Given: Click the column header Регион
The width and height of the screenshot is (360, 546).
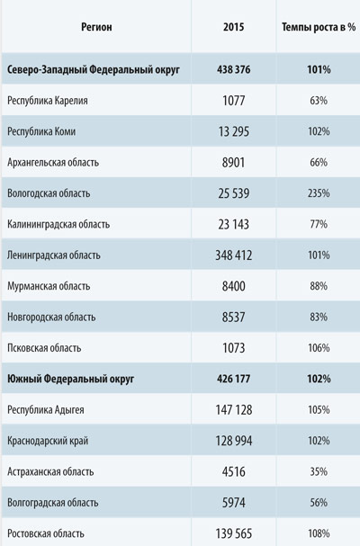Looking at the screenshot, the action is [96, 27].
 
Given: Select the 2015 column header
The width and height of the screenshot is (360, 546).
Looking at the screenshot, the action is [233, 27].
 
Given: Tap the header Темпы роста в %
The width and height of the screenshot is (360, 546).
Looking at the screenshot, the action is [319, 27].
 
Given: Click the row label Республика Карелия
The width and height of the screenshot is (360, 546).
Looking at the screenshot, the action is [48, 101].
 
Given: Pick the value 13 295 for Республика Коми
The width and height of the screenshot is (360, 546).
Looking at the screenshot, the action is [233, 131].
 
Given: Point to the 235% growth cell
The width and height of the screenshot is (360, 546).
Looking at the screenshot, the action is [319, 193].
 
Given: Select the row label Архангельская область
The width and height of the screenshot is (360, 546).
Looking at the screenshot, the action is [53, 163].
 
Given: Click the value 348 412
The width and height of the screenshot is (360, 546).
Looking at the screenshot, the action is [233, 255].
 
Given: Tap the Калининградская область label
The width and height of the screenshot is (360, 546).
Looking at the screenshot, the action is [58, 224].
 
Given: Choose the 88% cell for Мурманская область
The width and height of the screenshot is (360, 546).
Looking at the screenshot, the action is [319, 286].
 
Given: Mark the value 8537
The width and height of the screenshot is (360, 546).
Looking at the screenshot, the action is [233, 318].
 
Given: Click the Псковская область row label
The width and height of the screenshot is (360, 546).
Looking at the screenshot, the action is [44, 348].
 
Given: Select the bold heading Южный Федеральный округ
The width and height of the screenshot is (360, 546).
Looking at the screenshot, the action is [71, 379].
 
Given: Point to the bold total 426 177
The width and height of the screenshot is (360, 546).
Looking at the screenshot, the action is [233, 379].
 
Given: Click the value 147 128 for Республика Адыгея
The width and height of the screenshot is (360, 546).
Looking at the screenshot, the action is [233, 410].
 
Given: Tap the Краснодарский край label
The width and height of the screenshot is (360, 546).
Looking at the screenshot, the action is [48, 441].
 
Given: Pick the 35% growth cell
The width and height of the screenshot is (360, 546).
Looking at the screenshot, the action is [319, 472].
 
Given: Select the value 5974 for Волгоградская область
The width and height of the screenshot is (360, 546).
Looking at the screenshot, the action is [233, 503].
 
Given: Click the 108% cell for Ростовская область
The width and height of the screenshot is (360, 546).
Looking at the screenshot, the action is [319, 533].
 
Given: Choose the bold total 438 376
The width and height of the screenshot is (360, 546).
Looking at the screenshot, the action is [233, 69].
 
